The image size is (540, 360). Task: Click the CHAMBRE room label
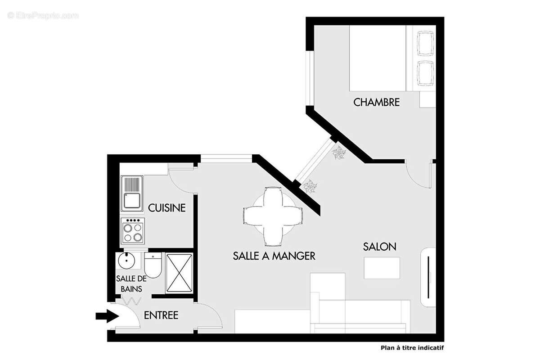tap(377, 102)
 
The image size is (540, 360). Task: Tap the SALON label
tap(380, 247)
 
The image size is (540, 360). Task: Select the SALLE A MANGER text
tap(274, 256)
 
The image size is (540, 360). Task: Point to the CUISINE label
tap(167, 208)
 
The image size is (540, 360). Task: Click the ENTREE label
tap(161, 315)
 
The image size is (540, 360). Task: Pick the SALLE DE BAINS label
tap(132, 283)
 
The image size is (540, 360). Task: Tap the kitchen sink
tap(132, 193)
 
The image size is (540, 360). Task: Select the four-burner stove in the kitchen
tap(133, 230)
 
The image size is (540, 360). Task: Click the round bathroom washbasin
tap(126, 260)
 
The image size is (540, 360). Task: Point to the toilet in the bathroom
tap(153, 265)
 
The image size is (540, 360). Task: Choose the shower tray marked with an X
tap(179, 274)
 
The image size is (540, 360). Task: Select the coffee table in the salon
tap(382, 268)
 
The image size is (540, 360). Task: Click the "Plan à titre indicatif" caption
tap(412, 347)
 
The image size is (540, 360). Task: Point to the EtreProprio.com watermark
tap(43, 15)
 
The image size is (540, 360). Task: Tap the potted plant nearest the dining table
tap(310, 186)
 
